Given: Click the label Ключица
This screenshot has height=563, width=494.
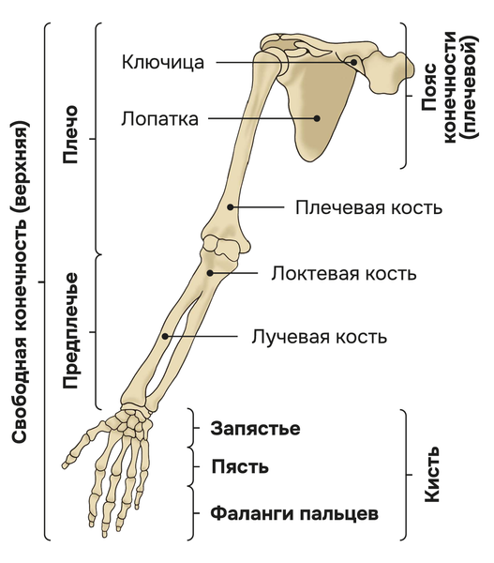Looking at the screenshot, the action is [x=163, y=62].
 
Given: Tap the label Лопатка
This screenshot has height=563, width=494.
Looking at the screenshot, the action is [x=159, y=118].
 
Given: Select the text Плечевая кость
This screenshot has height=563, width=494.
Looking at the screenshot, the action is [x=368, y=207].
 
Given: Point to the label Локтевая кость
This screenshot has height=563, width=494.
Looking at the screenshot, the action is [x=344, y=273].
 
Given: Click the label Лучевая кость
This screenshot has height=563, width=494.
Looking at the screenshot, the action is [x=319, y=337].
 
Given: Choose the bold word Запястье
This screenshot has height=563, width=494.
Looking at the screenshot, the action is [x=255, y=429].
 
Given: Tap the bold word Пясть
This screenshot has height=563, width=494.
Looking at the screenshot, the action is [x=240, y=466].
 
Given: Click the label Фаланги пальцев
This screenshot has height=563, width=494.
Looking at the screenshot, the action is [x=294, y=513].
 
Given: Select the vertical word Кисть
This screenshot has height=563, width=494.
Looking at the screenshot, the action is [x=432, y=474].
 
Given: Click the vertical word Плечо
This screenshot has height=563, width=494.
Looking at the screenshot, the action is [x=70, y=134].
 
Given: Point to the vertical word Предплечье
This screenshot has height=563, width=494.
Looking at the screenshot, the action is [x=70, y=330].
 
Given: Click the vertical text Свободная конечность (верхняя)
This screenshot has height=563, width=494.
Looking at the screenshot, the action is [x=20, y=281].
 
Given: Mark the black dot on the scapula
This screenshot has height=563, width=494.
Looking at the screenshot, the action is [x=317, y=118].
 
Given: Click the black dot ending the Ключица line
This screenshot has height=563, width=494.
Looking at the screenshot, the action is [x=353, y=62].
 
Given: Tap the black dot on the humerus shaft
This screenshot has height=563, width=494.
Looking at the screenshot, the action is [x=231, y=207].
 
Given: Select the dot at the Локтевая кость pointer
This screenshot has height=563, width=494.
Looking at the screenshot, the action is [x=210, y=273].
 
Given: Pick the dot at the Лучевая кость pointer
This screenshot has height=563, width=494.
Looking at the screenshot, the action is [x=165, y=337].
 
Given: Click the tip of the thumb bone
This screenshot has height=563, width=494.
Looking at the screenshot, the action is [x=65, y=465].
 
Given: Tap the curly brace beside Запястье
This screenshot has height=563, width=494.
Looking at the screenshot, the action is [x=193, y=428].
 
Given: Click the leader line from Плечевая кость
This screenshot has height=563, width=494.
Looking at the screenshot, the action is [x=257, y=207].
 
